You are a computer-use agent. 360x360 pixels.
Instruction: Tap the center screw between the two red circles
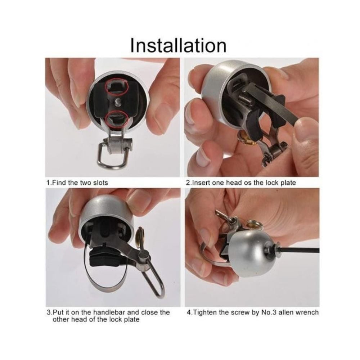(x=118, y=101)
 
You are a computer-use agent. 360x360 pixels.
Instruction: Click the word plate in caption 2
(x=289, y=183)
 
